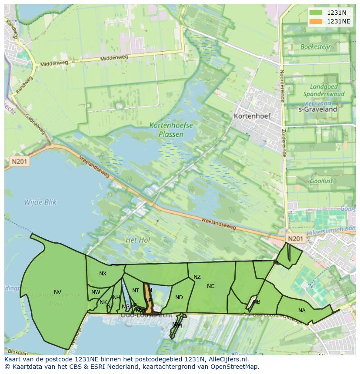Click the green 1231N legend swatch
coord(316,13)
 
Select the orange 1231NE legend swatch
coord(316,21)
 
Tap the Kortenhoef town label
coord(252,116)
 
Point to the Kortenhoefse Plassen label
coord(171,129)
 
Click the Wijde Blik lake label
coord(40,202)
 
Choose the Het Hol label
coord(137,240)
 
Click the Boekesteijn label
coord(316,46)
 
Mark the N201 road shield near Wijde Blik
coord(19,162)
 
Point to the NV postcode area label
coord(57,292)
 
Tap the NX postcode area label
coord(103,274)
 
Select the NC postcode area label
coord(210,286)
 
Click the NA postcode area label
coord(302,310)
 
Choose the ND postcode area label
coord(179,298)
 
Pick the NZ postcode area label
coord(197,277)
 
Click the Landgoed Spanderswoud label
coord(323,90)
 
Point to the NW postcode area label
coord(96,292)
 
